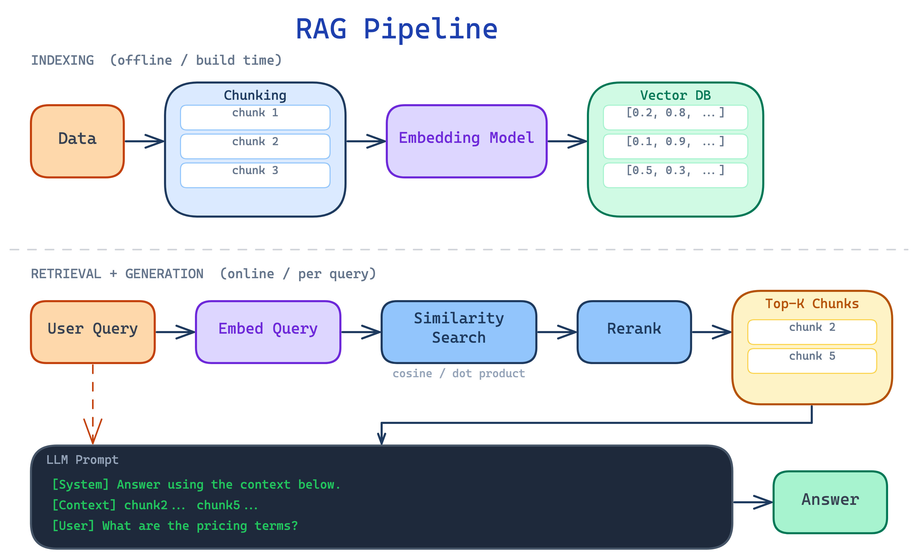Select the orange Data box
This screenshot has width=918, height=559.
[77, 141]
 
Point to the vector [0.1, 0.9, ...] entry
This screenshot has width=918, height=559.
[675, 146]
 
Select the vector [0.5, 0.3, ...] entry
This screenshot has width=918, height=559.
[675, 175]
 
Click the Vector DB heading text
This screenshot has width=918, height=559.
[675, 95]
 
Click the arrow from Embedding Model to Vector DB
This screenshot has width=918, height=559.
[567, 141]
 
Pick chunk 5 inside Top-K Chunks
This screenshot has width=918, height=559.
[812, 360]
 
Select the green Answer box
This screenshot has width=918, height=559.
[830, 502]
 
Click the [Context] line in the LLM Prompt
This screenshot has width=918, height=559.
[155, 505]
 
